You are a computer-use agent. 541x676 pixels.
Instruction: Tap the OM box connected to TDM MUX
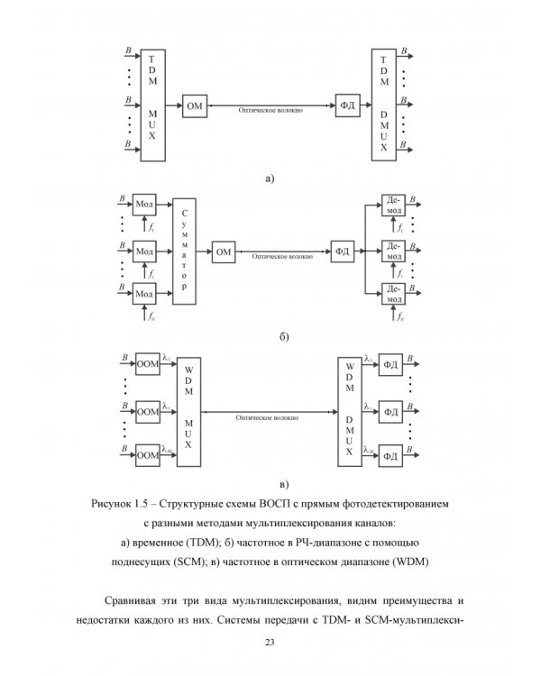click(194, 105)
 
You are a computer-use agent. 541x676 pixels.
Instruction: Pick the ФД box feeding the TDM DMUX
click(345, 105)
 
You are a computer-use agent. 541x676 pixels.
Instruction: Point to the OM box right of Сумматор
click(223, 252)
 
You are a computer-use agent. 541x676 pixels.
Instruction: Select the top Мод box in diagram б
click(144, 204)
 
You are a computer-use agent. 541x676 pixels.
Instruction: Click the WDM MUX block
click(189, 411)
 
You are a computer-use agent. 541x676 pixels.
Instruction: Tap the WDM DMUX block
click(350, 411)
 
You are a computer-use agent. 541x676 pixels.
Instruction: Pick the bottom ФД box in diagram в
click(391, 455)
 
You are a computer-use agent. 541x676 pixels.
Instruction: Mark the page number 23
click(270, 641)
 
